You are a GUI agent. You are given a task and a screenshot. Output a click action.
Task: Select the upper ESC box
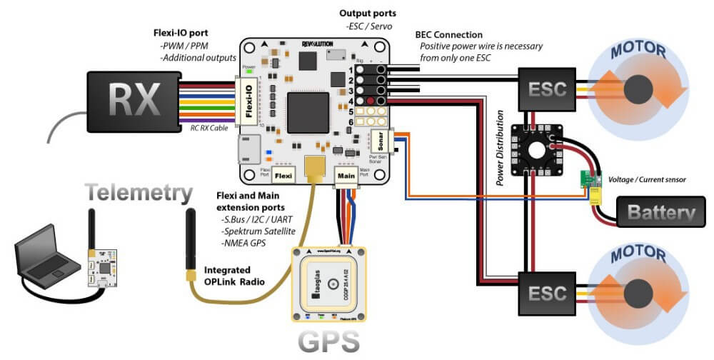[x=548, y=89]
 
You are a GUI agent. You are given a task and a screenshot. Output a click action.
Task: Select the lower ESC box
[x=548, y=292]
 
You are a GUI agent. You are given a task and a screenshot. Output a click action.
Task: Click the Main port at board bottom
[x=345, y=174]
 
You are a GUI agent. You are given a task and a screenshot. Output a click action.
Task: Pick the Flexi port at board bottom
[x=283, y=174]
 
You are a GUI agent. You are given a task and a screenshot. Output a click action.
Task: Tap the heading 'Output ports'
[x=368, y=14]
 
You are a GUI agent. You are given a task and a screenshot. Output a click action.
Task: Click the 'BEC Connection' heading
[x=449, y=34]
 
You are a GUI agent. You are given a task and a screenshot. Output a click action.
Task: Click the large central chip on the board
[x=307, y=112]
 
